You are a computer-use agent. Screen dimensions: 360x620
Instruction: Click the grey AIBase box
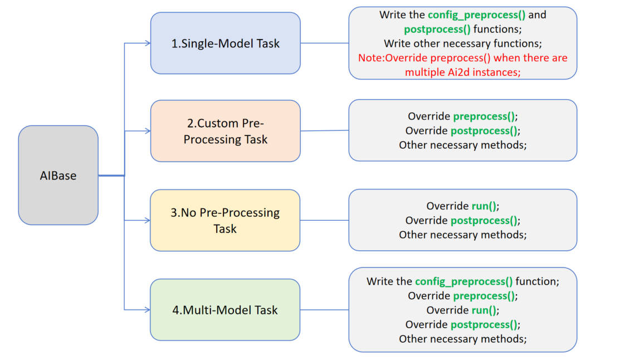click(58, 176)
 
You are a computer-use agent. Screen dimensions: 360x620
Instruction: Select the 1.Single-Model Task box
click(225, 43)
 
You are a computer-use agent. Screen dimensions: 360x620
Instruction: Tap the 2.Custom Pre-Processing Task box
click(225, 132)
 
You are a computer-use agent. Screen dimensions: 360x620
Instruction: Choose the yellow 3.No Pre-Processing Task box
click(225, 220)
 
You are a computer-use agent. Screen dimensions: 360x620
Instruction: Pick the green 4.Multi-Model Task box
click(225, 310)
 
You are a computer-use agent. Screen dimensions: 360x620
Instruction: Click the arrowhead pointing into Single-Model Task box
click(147, 43)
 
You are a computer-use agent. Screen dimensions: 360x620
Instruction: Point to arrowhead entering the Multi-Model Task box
click(147, 309)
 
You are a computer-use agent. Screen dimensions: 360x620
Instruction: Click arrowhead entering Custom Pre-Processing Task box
click(147, 131)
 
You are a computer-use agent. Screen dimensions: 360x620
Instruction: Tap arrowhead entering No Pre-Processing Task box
click(147, 220)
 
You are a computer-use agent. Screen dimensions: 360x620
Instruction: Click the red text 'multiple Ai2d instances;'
click(462, 72)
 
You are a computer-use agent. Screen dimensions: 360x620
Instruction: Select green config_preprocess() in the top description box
click(476, 15)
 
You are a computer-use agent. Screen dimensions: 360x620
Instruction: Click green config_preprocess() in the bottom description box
click(463, 281)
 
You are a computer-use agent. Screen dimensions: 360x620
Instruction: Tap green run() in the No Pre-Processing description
click(484, 206)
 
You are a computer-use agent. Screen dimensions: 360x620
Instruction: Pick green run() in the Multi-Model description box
click(484, 310)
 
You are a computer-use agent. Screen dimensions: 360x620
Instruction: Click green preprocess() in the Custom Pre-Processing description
click(484, 116)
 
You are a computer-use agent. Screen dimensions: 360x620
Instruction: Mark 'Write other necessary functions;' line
click(462, 43)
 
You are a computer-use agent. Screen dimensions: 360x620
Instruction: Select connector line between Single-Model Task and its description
click(324, 43)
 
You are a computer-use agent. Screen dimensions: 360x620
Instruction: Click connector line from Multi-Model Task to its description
click(324, 309)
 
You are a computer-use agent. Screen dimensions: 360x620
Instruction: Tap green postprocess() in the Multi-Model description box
click(483, 324)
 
